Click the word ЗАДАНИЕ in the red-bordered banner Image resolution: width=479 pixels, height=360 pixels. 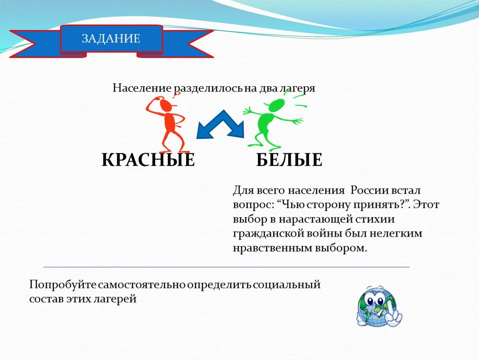111,39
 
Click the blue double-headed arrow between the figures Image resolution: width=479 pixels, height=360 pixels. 220,125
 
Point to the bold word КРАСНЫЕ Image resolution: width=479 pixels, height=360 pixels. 148,160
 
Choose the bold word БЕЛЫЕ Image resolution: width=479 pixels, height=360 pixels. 289,160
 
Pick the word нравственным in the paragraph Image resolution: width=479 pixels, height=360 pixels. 268,248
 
